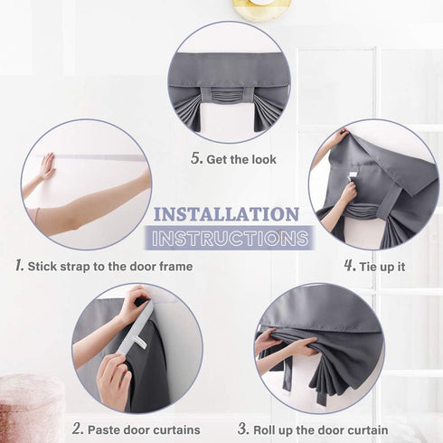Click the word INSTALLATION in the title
coord(226,214)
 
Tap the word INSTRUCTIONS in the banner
coord(230,239)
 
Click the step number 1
coord(19,266)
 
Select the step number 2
coord(78,429)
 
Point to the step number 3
coord(243,429)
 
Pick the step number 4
coord(350,266)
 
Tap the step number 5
coord(196,158)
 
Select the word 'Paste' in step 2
coord(103,429)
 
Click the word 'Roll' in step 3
coord(264,429)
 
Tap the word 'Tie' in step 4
coord(368,267)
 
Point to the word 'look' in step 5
coord(264,159)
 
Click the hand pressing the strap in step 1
coord(48,165)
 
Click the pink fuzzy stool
coord(30,409)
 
